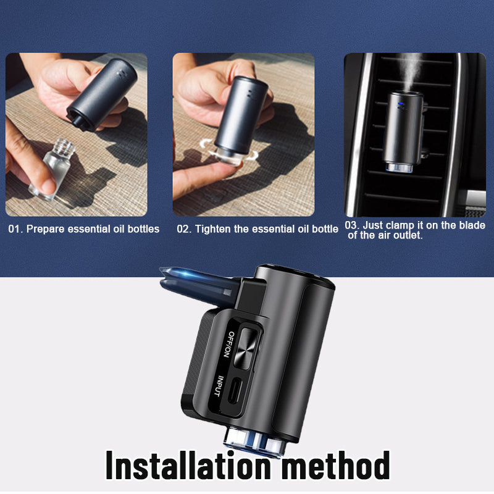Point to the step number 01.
click(x=14, y=229)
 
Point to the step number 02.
click(x=183, y=229)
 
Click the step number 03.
click(x=351, y=225)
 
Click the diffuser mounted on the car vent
click(x=405, y=127)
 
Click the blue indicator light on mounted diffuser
click(x=399, y=105)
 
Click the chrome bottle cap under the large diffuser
click(x=254, y=440)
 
